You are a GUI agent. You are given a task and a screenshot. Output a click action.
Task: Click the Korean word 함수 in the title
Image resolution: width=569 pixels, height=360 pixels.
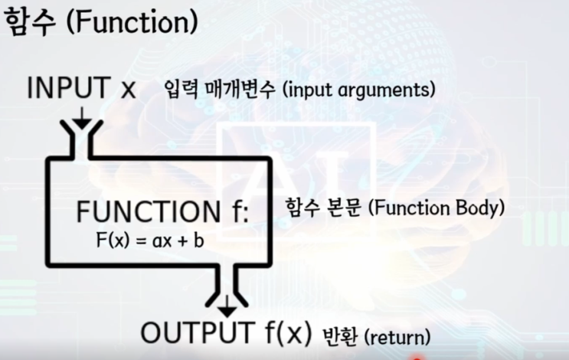click(31, 22)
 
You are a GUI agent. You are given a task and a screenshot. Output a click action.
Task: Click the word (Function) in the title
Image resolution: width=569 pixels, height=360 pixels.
click(132, 22)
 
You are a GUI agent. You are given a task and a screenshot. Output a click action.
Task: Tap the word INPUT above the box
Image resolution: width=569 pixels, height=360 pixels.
click(69, 87)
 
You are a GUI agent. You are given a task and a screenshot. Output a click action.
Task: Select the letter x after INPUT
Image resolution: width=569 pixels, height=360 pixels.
click(128, 90)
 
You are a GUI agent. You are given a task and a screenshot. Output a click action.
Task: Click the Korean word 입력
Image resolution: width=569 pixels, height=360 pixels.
click(181, 90)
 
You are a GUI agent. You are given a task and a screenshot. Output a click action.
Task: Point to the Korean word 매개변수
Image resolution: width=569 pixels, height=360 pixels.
click(240, 90)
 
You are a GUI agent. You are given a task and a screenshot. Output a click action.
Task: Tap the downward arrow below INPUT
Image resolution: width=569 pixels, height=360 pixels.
click(82, 117)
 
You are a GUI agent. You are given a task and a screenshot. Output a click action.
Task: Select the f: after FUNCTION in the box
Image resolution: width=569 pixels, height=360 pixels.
click(240, 211)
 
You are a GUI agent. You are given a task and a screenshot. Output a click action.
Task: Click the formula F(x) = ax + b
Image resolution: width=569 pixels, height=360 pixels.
click(150, 240)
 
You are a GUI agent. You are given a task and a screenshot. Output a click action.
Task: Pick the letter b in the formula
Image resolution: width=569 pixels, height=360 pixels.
click(199, 240)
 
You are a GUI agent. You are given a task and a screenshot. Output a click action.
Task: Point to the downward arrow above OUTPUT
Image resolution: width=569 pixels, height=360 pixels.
click(227, 306)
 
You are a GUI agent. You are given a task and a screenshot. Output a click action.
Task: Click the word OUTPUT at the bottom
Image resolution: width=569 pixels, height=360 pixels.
click(197, 332)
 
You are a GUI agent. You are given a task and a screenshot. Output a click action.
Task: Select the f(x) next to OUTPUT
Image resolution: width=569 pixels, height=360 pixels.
click(289, 332)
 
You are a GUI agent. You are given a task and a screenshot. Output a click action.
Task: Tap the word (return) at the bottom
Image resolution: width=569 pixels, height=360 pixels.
click(397, 338)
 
